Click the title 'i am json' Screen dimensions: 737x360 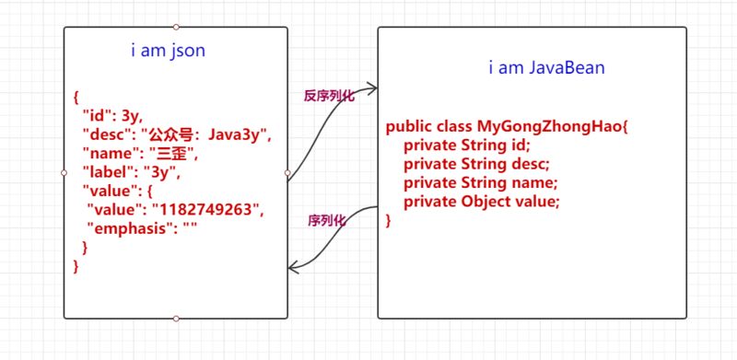[x=168, y=52]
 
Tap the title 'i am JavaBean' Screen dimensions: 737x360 [x=546, y=68]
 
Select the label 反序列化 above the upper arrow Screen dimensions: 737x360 [x=329, y=95]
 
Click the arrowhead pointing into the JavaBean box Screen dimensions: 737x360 [x=371, y=88]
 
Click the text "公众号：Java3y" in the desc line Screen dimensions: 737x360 [x=207, y=134]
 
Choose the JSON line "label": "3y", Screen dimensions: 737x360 [x=133, y=172]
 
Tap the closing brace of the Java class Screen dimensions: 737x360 [x=389, y=220]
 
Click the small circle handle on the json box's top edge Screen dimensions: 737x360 [x=176, y=27]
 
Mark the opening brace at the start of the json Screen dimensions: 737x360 [x=76, y=97]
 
